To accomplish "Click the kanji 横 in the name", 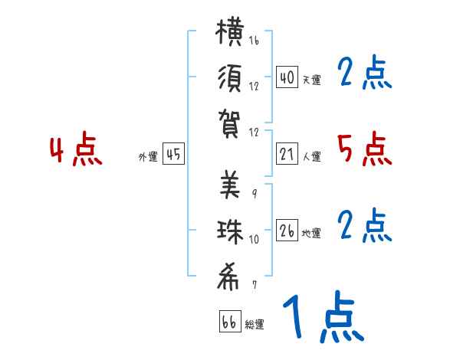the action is (x=230, y=31).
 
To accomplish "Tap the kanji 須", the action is (x=230, y=79).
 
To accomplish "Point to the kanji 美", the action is (x=230, y=185).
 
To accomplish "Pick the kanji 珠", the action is (x=230, y=232).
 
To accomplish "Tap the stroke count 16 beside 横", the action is (x=254, y=40).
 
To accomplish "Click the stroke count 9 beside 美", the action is (x=255, y=194).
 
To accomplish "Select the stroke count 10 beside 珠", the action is (x=254, y=239).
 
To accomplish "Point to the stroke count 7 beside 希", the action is (x=255, y=285).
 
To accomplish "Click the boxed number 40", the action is (x=287, y=77).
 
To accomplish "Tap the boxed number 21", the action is (x=287, y=154).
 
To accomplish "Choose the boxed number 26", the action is (x=287, y=230).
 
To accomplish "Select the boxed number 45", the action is (x=173, y=154).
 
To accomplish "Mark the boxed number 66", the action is (x=230, y=321).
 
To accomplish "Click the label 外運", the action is (x=148, y=156).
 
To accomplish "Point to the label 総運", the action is (x=255, y=324).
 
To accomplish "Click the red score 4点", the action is (x=76, y=149).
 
